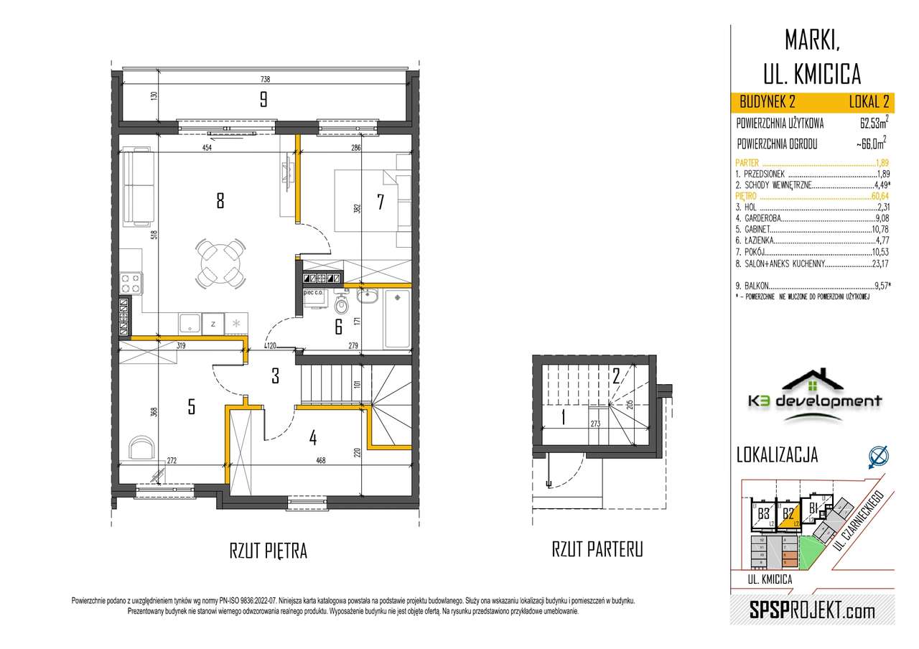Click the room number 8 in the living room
click(220, 202)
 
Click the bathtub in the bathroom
click(397, 318)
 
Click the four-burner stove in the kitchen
click(131, 283)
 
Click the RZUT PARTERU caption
click(597, 550)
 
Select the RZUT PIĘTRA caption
click(268, 551)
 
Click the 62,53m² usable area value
click(869, 123)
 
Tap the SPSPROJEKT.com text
click(811, 611)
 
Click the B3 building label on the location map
click(763, 513)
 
